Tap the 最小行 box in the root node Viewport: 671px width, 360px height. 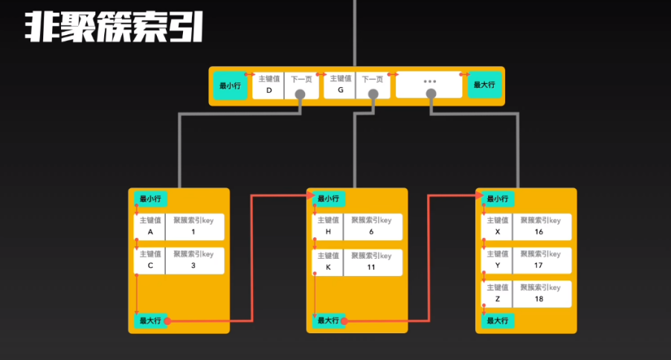pyautogui.click(x=230, y=86)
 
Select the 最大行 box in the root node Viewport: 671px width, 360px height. pyautogui.click(x=486, y=86)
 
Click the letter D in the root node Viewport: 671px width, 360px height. pyautogui.click(x=269, y=90)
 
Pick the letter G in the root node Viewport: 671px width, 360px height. pyautogui.click(x=340, y=90)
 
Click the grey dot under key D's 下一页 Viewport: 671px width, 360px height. pyautogui.click(x=301, y=94)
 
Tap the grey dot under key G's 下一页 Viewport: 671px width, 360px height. pyautogui.click(x=373, y=94)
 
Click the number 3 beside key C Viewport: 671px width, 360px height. pyautogui.click(x=193, y=266)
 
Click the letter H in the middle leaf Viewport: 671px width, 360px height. pyautogui.click(x=328, y=232)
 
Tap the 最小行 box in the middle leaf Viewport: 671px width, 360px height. pyautogui.click(x=328, y=199)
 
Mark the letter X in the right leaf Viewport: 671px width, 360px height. pyautogui.click(x=498, y=232)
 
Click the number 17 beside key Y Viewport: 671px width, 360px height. pyautogui.click(x=539, y=266)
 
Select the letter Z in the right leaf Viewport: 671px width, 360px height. pyautogui.click(x=498, y=299)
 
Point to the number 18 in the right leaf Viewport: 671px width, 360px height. pyautogui.click(x=539, y=299)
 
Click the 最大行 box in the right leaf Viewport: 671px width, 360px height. pyautogui.click(x=498, y=321)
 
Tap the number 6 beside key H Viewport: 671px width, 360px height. pyautogui.click(x=371, y=232)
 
